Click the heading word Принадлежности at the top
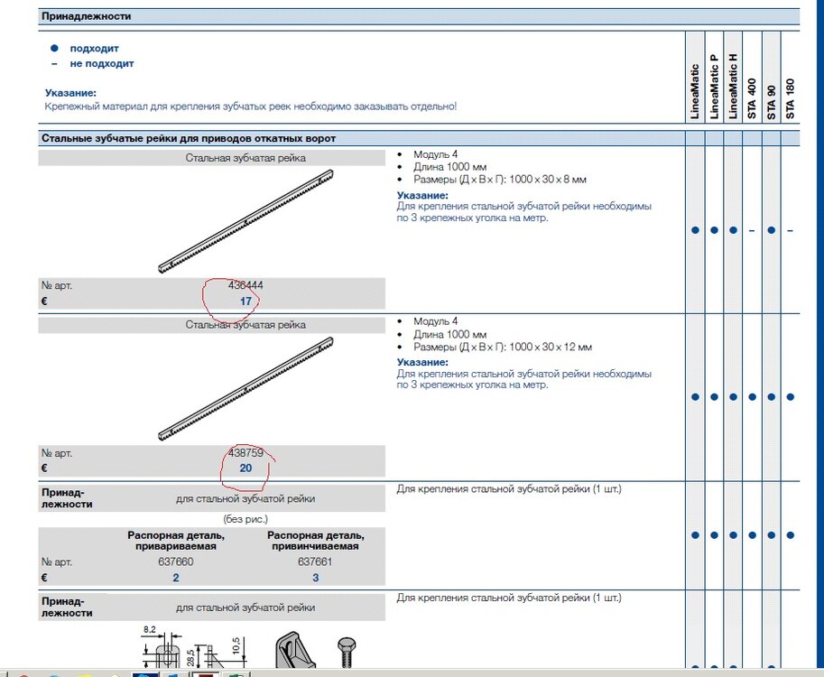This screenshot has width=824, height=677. (x=87, y=17)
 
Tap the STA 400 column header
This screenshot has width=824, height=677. (x=752, y=100)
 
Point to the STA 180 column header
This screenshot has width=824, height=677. (x=791, y=100)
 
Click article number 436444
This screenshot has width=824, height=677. (x=245, y=285)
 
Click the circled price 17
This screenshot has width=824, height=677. (x=245, y=301)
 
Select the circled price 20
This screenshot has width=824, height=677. (x=245, y=468)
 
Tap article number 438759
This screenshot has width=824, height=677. (x=245, y=452)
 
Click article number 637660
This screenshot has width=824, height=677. (x=175, y=561)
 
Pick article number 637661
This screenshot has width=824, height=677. (x=315, y=561)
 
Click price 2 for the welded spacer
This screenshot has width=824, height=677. (x=175, y=577)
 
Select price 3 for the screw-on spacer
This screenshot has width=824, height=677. (x=315, y=577)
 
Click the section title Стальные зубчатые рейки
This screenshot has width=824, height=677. (x=189, y=139)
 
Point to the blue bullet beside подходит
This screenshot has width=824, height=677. (x=54, y=48)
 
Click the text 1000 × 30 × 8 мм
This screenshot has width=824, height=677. (x=551, y=180)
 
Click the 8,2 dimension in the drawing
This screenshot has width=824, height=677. (x=150, y=629)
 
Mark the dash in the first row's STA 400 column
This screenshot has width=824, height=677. (x=752, y=230)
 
